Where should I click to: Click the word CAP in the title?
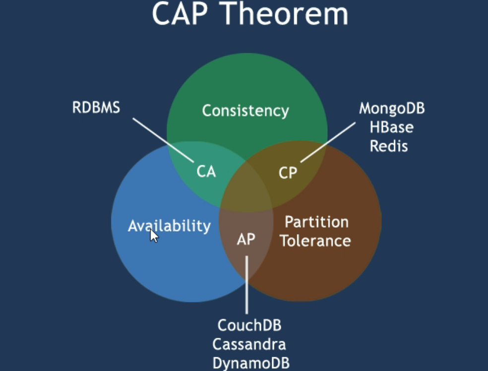click(x=180, y=13)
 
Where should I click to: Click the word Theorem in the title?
click(x=285, y=13)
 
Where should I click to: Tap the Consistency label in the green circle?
click(x=245, y=111)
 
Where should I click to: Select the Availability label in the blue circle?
click(x=169, y=226)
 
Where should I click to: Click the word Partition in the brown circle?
click(x=316, y=222)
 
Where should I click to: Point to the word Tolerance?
click(x=315, y=241)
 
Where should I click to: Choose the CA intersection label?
click(x=206, y=172)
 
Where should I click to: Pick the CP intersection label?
click(x=288, y=173)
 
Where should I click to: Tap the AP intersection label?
click(x=246, y=240)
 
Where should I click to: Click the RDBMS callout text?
click(x=96, y=107)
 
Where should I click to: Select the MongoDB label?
click(x=392, y=109)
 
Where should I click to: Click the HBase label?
click(x=391, y=127)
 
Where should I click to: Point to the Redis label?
click(x=389, y=146)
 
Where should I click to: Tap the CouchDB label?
click(x=249, y=325)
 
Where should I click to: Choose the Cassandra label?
click(x=249, y=344)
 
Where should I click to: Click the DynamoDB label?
click(x=251, y=363)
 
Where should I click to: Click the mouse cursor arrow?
click(x=154, y=236)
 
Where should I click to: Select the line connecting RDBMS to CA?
click(x=163, y=140)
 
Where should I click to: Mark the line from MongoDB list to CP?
click(x=328, y=142)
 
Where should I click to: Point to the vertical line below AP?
click(x=247, y=285)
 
